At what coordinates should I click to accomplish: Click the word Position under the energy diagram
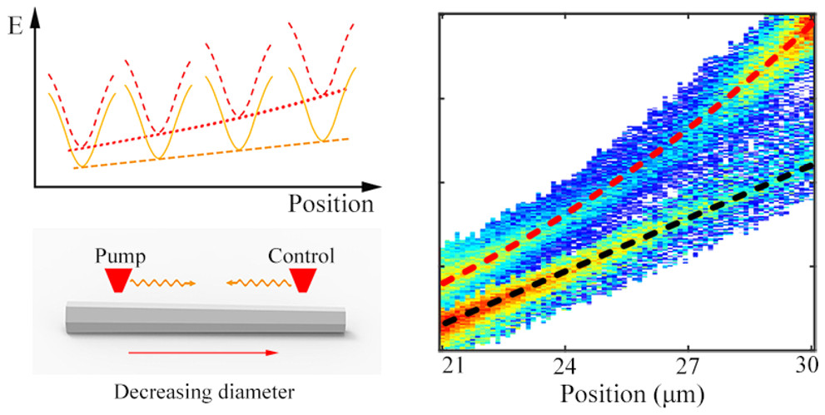(330, 203)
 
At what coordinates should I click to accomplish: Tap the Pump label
(117, 254)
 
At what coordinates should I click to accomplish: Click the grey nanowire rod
(204, 319)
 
